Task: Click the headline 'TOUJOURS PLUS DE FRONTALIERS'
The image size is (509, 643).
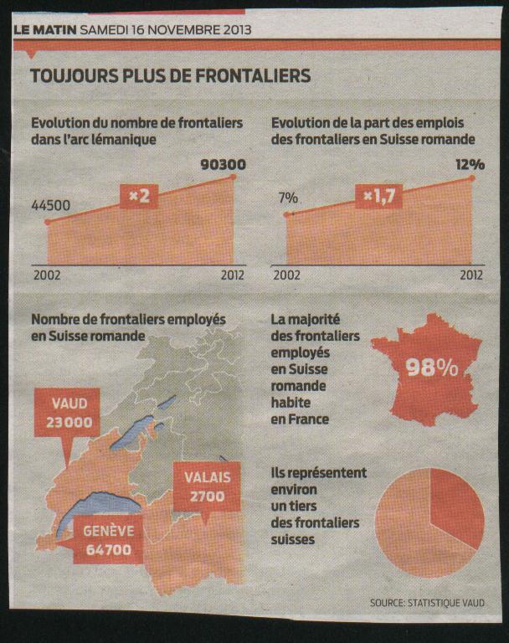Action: [170, 76]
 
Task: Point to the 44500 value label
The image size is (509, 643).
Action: [51, 205]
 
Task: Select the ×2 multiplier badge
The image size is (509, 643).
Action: [138, 198]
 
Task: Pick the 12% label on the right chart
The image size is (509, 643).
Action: [470, 164]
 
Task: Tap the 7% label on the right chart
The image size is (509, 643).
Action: [289, 198]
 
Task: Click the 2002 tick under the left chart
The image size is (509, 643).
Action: [47, 274]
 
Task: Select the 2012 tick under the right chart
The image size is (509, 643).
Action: [471, 274]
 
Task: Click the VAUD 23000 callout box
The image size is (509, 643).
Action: [69, 413]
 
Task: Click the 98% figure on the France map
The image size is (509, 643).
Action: [431, 368]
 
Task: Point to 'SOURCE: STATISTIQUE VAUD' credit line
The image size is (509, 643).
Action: [425, 603]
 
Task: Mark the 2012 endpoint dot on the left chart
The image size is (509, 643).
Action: [234, 177]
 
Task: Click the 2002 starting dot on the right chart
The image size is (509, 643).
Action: [286, 215]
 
